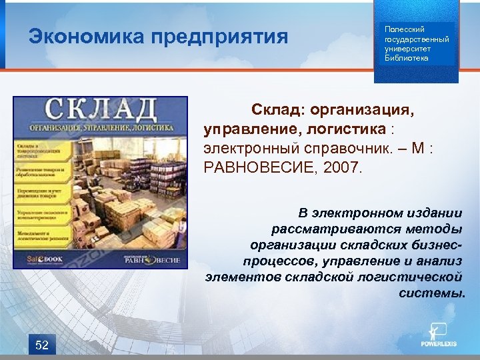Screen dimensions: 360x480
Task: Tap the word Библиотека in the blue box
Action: tap(407, 58)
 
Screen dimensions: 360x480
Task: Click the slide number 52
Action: tap(42, 345)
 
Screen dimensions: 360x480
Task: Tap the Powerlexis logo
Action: tap(437, 336)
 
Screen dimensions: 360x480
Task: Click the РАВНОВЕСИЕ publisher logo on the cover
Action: tap(156, 260)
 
